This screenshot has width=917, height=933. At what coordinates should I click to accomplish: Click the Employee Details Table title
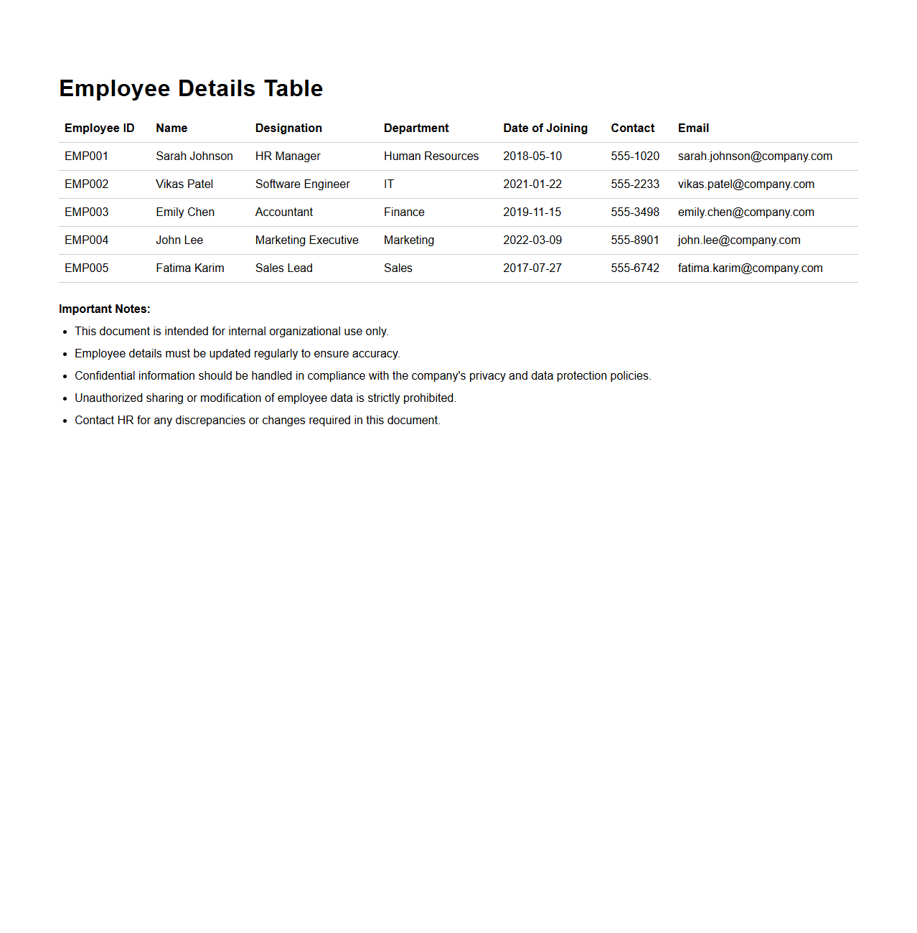pyautogui.click(x=191, y=88)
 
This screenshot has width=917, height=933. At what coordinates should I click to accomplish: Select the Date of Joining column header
pyautogui.click(x=545, y=128)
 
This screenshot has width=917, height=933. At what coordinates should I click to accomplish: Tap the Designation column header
pyautogui.click(x=288, y=128)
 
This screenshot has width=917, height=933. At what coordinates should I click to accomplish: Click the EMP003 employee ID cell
pyautogui.click(x=86, y=212)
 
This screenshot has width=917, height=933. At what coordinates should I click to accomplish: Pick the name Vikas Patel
pyautogui.click(x=184, y=184)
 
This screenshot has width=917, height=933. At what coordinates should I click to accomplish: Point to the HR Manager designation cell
pyautogui.click(x=288, y=156)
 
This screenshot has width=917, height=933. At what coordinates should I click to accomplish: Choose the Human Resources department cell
pyautogui.click(x=431, y=156)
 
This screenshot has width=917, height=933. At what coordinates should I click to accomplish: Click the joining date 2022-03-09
pyautogui.click(x=532, y=240)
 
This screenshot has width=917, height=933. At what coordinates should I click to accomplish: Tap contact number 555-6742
pyautogui.click(x=634, y=268)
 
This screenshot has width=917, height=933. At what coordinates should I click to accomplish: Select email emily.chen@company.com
pyautogui.click(x=746, y=212)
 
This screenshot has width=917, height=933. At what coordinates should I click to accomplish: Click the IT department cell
pyautogui.click(x=389, y=184)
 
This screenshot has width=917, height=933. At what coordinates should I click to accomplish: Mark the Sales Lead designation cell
pyautogui.click(x=283, y=268)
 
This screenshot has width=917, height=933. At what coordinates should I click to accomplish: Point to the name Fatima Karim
pyautogui.click(x=189, y=268)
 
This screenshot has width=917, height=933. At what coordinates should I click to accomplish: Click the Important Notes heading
pyautogui.click(x=105, y=309)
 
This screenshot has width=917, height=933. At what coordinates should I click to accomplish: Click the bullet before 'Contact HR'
pyautogui.click(x=65, y=421)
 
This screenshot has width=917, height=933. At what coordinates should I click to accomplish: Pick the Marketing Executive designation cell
pyautogui.click(x=306, y=240)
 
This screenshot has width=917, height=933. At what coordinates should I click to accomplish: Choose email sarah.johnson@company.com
pyautogui.click(x=755, y=156)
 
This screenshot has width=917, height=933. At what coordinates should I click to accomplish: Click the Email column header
pyautogui.click(x=693, y=128)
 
